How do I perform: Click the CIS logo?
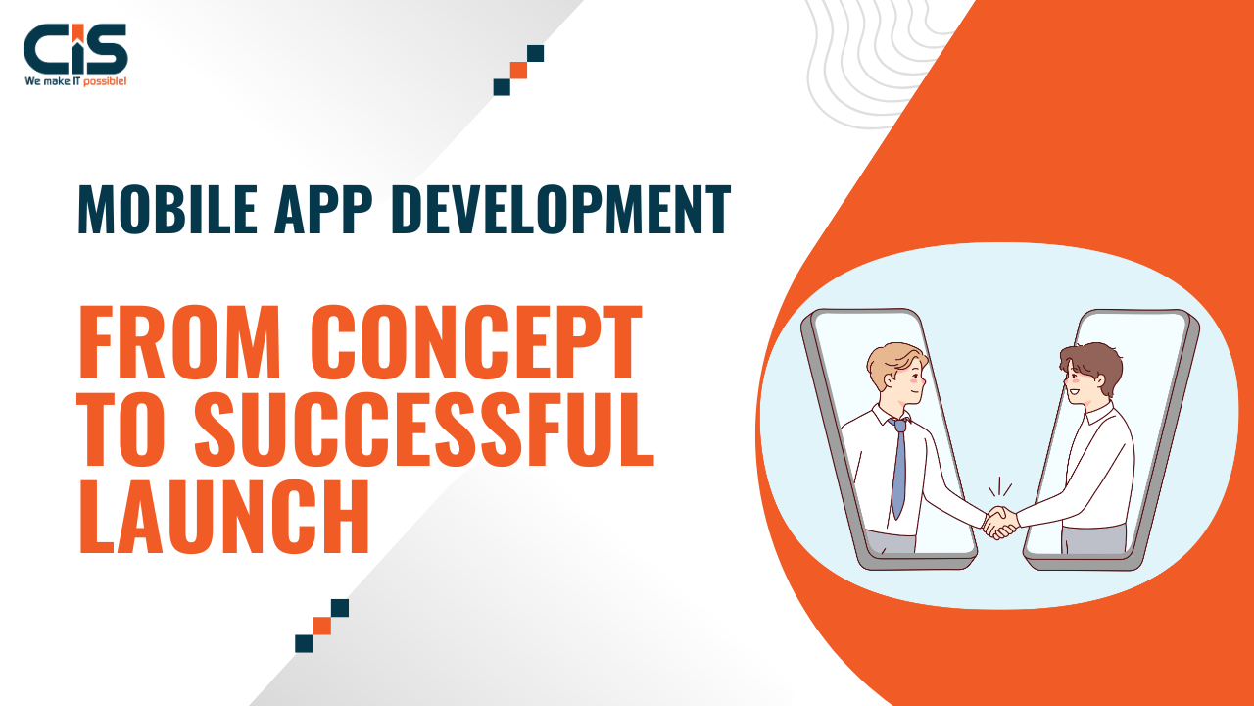pos(75,54)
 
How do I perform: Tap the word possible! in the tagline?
pos(105,81)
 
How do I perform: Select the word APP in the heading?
pos(323,209)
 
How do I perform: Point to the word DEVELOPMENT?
pos(561,209)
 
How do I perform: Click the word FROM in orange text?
pos(179,342)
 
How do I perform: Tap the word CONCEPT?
pos(476,342)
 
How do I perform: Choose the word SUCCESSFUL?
pos(424,429)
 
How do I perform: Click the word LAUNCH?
pos(224,516)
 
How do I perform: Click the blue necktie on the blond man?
pos(899,468)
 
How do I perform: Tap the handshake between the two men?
pos(1001,523)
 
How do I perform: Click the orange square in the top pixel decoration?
pos(518,70)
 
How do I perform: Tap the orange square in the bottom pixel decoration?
pos(322,626)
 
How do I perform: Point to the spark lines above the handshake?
pos(1000,487)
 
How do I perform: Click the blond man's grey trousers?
pos(891,542)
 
